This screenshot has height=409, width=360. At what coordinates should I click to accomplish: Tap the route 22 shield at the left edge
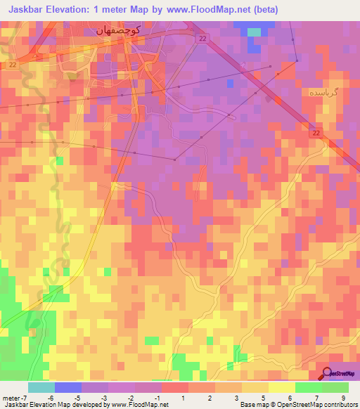13,65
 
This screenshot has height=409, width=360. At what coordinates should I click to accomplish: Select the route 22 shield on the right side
316,132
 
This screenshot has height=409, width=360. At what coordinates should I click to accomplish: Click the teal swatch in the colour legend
41,387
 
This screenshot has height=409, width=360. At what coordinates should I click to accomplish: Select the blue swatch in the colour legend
67,387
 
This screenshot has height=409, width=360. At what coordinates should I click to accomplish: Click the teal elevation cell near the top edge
254,32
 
